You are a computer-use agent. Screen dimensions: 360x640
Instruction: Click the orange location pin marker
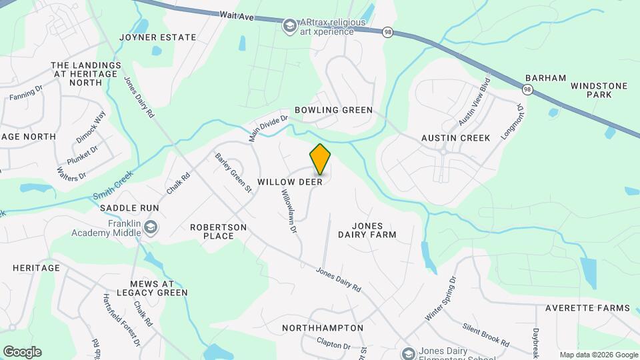tap(320, 159)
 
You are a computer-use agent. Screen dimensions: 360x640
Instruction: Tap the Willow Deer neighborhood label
tap(290, 181)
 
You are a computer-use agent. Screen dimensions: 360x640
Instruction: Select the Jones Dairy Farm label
tap(367, 230)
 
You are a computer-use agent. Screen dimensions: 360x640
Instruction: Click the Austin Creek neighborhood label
tap(455, 138)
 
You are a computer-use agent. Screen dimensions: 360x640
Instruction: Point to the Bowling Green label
tap(333, 110)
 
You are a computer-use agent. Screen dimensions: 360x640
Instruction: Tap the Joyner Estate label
tap(157, 37)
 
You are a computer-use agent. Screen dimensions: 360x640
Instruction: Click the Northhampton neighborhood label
tap(323, 328)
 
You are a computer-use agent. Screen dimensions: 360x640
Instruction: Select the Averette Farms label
tap(587, 308)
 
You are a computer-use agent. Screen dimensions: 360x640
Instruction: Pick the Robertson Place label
tap(219, 231)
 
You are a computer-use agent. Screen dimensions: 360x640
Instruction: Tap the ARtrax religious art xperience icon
tap(289, 26)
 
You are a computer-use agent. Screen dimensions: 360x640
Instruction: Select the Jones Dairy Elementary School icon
tap(408, 353)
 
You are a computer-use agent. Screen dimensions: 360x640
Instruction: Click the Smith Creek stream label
tap(113, 186)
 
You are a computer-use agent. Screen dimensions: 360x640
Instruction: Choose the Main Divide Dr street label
tap(268, 127)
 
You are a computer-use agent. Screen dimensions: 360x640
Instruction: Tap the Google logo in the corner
tap(22, 351)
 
